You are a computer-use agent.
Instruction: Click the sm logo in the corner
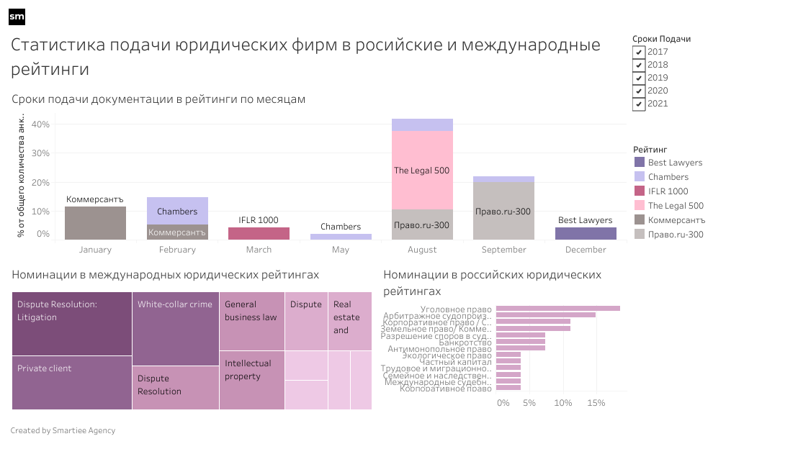click(17, 17)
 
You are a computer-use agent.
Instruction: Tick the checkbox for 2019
click(639, 78)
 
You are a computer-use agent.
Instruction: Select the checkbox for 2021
click(639, 104)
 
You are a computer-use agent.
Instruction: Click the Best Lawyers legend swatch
click(640, 163)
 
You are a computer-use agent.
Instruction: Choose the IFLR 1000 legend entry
click(668, 191)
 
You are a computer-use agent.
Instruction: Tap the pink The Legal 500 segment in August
click(422, 171)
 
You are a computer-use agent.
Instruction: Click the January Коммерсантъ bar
click(95, 223)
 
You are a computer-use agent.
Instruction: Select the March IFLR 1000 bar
click(259, 233)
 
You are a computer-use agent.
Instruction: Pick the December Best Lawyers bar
click(586, 233)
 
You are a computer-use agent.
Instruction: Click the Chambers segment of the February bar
click(177, 211)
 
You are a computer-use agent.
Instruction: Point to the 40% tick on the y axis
click(41, 124)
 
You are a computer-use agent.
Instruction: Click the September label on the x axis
click(503, 250)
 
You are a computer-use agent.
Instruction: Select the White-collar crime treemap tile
click(175, 328)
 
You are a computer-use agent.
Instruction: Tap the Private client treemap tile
click(72, 382)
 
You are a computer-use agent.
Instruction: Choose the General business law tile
click(251, 321)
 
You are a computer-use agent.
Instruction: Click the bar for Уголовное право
click(557, 309)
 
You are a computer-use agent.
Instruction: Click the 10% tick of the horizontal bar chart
click(562, 403)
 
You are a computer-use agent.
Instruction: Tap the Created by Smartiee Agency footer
click(63, 430)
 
